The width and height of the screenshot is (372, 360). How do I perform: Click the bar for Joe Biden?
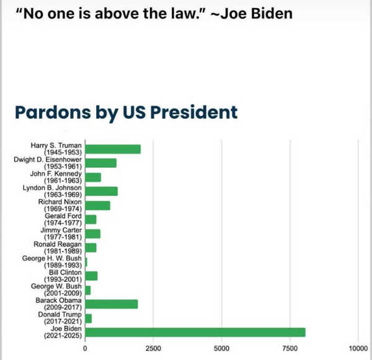click(x=195, y=332)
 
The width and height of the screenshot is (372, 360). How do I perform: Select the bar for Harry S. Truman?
click(x=113, y=149)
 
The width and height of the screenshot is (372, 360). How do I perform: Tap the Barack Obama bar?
click(x=112, y=304)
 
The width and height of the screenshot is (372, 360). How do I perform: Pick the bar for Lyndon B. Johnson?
click(x=101, y=191)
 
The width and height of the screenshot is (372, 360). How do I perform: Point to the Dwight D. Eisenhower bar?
click(x=100, y=163)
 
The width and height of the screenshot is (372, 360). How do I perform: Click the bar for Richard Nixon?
click(x=97, y=205)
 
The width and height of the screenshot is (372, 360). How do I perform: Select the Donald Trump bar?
click(x=89, y=318)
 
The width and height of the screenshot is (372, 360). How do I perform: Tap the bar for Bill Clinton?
click(x=91, y=276)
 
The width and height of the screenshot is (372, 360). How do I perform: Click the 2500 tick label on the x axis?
click(x=153, y=348)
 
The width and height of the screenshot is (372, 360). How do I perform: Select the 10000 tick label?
click(x=359, y=348)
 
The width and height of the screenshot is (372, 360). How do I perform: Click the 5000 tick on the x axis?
click(x=222, y=348)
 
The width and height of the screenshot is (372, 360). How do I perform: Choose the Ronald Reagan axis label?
click(x=58, y=248)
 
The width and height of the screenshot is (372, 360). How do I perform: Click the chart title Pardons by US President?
click(x=126, y=113)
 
